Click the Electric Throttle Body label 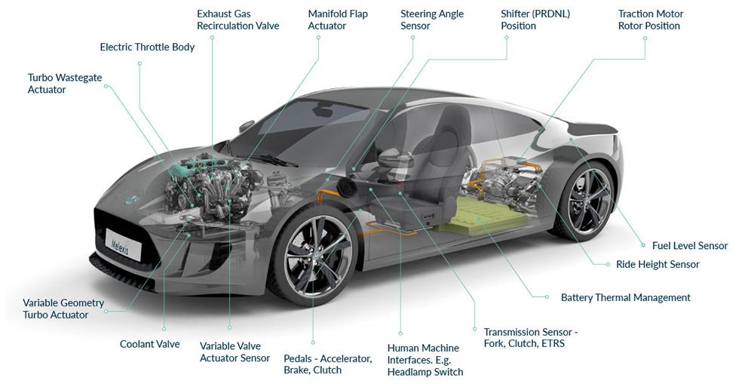pyautogui.click(x=147, y=47)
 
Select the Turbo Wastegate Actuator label pyautogui.click(x=65, y=83)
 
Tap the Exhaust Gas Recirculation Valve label pyautogui.click(x=238, y=20)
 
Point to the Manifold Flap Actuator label pyautogui.click(x=338, y=20)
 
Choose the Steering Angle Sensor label pyautogui.click(x=432, y=20)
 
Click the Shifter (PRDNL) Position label pyautogui.click(x=535, y=20)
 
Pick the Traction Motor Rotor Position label pyautogui.click(x=651, y=20)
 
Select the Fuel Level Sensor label pyautogui.click(x=690, y=246)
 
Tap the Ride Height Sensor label pyautogui.click(x=658, y=264)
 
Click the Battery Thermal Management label pyautogui.click(x=626, y=297)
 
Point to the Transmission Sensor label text pyautogui.click(x=531, y=337)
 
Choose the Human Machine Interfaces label pyautogui.click(x=425, y=361)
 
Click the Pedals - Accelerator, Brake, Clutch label pyautogui.click(x=328, y=364)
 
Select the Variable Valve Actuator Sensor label pyautogui.click(x=235, y=352)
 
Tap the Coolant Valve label pyautogui.click(x=149, y=344)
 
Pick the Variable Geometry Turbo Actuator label pyautogui.click(x=63, y=309)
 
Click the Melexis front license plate pyautogui.click(x=123, y=244)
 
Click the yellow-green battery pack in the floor pyautogui.click(x=481, y=216)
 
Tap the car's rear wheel pyautogui.click(x=585, y=201)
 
